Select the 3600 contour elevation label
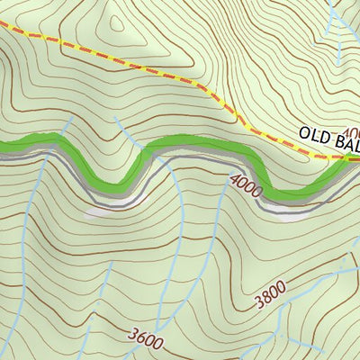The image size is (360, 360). [146, 338]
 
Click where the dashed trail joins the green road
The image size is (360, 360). [346, 158]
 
